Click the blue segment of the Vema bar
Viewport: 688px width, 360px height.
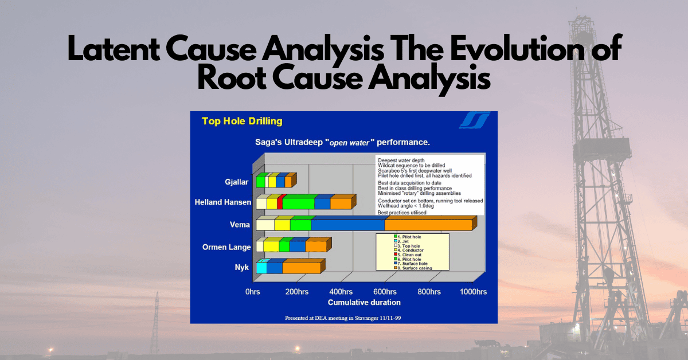[347, 225]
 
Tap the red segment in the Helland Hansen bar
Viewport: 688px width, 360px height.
[280, 204]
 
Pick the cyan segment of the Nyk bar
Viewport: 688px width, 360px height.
[261, 268]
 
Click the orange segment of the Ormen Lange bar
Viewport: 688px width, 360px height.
[316, 246]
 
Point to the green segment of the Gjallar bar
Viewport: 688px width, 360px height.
[260, 182]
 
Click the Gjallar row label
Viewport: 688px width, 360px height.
[237, 182]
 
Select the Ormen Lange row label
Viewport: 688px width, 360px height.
[226, 247]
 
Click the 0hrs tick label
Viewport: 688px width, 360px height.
[253, 292]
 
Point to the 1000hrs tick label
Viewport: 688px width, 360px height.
[473, 292]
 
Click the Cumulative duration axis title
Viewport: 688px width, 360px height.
[364, 302]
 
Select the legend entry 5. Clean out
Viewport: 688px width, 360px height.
[411, 255]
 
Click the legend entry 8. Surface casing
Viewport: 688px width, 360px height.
[414, 268]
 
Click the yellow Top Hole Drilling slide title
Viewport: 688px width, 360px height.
[242, 122]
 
